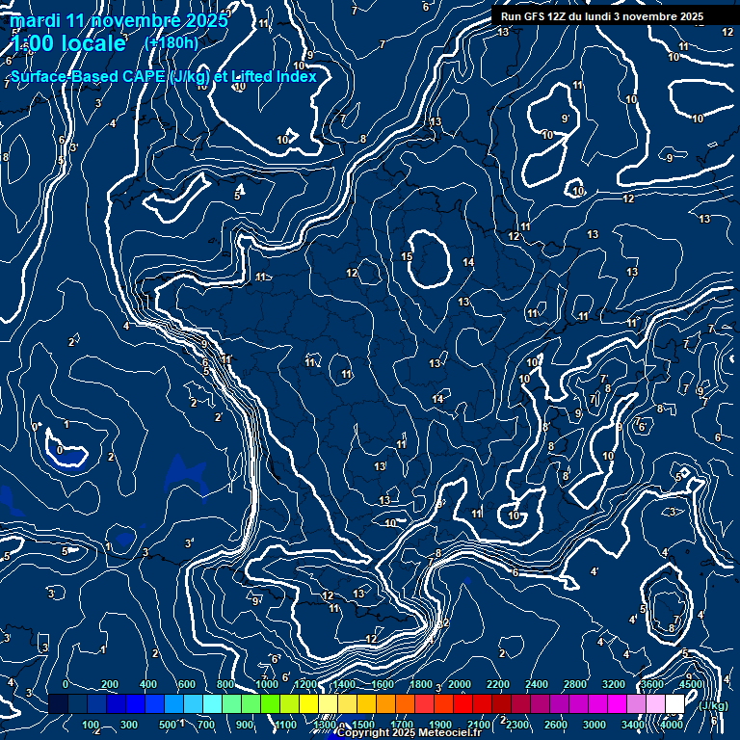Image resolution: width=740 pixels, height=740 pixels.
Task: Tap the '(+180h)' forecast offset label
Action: click(172, 42)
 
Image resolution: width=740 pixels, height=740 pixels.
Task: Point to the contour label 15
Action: click(407, 257)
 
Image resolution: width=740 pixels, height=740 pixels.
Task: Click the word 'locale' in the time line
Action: click(91, 43)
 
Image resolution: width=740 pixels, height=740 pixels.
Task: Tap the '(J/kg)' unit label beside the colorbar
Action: click(713, 705)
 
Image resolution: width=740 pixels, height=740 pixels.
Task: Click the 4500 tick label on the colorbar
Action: click(691, 684)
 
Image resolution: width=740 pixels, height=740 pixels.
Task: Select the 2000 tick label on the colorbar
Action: click(459, 684)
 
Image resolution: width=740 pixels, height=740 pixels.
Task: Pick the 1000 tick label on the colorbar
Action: click(267, 684)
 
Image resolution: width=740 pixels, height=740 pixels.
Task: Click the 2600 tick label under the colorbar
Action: click(557, 725)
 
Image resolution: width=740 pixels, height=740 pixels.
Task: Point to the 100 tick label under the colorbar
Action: click(91, 725)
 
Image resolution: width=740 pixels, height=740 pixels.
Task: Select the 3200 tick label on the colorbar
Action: click(614, 684)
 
